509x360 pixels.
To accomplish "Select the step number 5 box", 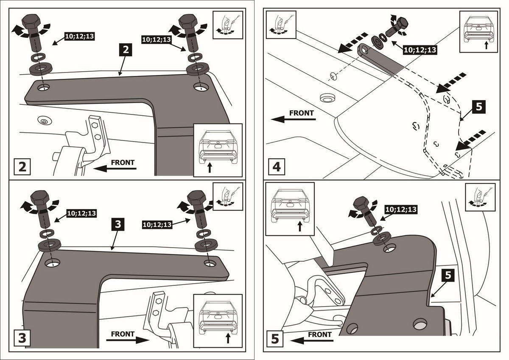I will point(276,339).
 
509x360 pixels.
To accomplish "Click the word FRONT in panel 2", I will point(123,162).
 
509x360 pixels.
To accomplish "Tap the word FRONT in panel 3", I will point(123,334).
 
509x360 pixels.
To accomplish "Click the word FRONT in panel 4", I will point(301,113).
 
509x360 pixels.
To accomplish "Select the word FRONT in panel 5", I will point(320,335).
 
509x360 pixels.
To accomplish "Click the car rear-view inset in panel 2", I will point(218,150).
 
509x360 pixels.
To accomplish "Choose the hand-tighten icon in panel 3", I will point(229,196).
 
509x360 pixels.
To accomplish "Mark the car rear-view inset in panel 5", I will point(290,209).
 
